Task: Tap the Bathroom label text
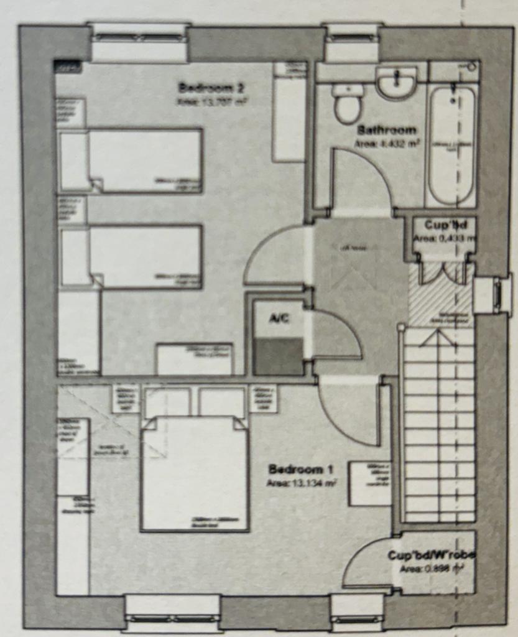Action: [x=386, y=130]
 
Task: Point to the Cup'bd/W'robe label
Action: [x=431, y=555]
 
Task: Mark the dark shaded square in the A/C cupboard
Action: [x=278, y=356]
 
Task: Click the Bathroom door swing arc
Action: [x=361, y=180]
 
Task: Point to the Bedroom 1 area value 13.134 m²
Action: [x=302, y=483]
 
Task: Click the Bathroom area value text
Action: [x=386, y=144]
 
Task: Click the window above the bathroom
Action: [x=352, y=39]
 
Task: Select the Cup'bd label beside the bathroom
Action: [x=442, y=225]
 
